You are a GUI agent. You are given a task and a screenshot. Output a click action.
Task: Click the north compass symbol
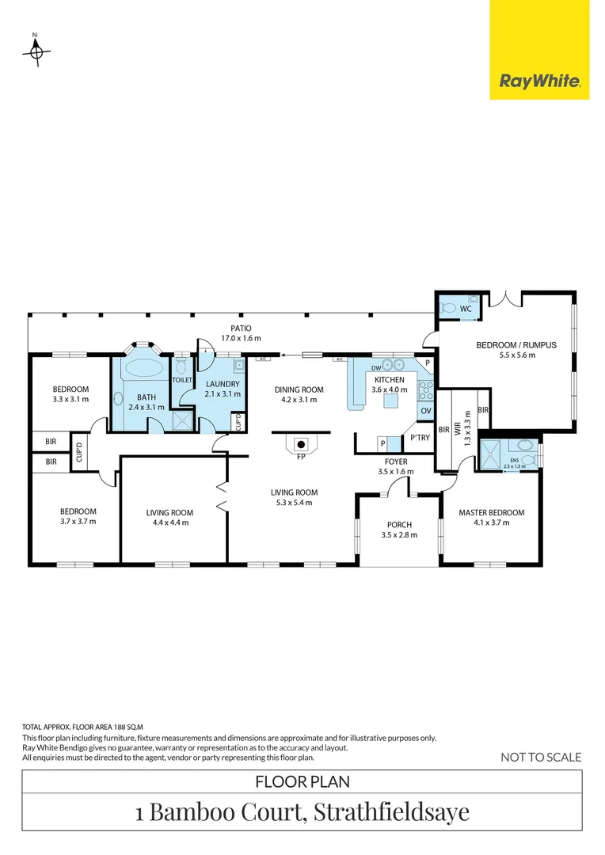tap(35, 52)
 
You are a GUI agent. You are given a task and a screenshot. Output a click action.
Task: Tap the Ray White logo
tap(539, 81)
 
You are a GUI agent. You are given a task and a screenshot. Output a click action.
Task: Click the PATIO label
tap(241, 327)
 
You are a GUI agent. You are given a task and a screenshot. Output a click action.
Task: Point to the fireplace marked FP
tap(301, 443)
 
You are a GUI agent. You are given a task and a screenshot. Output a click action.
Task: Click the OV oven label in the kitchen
tap(425, 410)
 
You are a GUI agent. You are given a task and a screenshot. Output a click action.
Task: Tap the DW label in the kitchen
tap(376, 368)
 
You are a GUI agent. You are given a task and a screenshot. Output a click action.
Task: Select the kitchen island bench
tap(390, 401)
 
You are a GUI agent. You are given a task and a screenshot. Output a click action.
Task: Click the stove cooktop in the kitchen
tap(425, 388)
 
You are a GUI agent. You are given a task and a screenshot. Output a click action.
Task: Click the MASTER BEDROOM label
tap(492, 512)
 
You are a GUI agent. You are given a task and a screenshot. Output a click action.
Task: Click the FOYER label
tap(396, 462)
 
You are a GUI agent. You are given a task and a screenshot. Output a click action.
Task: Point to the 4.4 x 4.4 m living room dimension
tap(170, 523)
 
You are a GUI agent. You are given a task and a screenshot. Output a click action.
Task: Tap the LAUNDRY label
tap(222, 384)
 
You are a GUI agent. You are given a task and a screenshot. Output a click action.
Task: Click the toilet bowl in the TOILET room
tap(181, 366)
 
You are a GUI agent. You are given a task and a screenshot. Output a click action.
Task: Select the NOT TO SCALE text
tap(541, 757)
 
